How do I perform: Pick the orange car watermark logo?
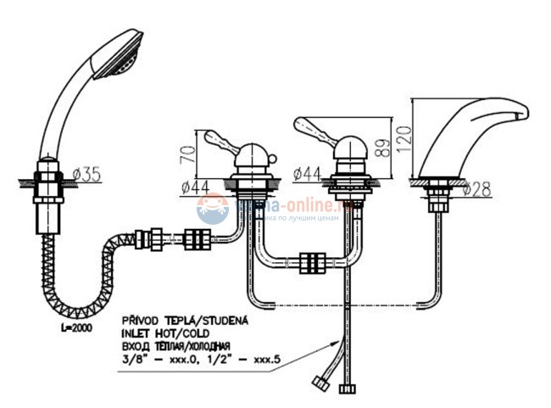(x=213, y=207)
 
